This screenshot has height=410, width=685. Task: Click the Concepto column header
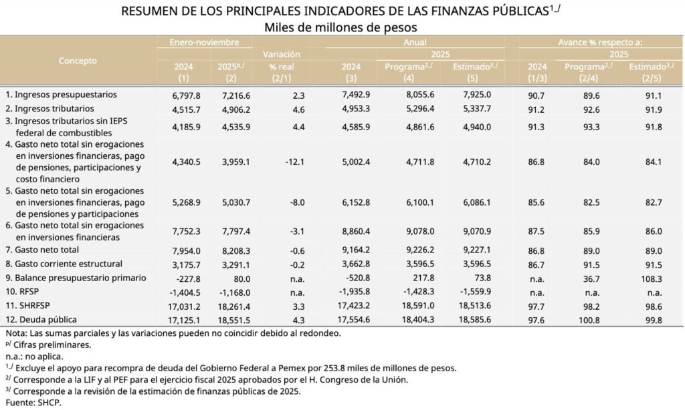click(x=78, y=61)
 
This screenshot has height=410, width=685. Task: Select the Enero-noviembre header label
click(x=204, y=41)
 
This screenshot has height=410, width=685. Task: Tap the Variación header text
click(x=282, y=54)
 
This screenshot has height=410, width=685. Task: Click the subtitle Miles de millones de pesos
click(x=341, y=27)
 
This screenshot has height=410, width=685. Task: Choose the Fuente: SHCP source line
click(x=33, y=403)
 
